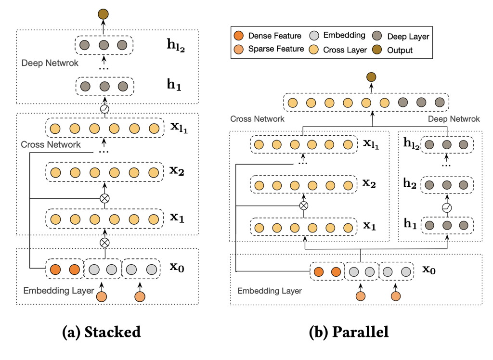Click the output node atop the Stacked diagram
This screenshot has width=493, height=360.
[x=103, y=14]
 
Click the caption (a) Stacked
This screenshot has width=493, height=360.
[x=102, y=332]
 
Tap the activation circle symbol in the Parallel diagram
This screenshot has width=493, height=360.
[x=447, y=208]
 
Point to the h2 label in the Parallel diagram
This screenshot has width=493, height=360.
[x=410, y=183]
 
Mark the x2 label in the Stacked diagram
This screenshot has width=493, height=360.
[x=178, y=171]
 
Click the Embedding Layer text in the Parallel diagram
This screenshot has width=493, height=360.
[x=270, y=291]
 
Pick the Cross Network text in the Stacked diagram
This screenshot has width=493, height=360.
[x=51, y=144]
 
